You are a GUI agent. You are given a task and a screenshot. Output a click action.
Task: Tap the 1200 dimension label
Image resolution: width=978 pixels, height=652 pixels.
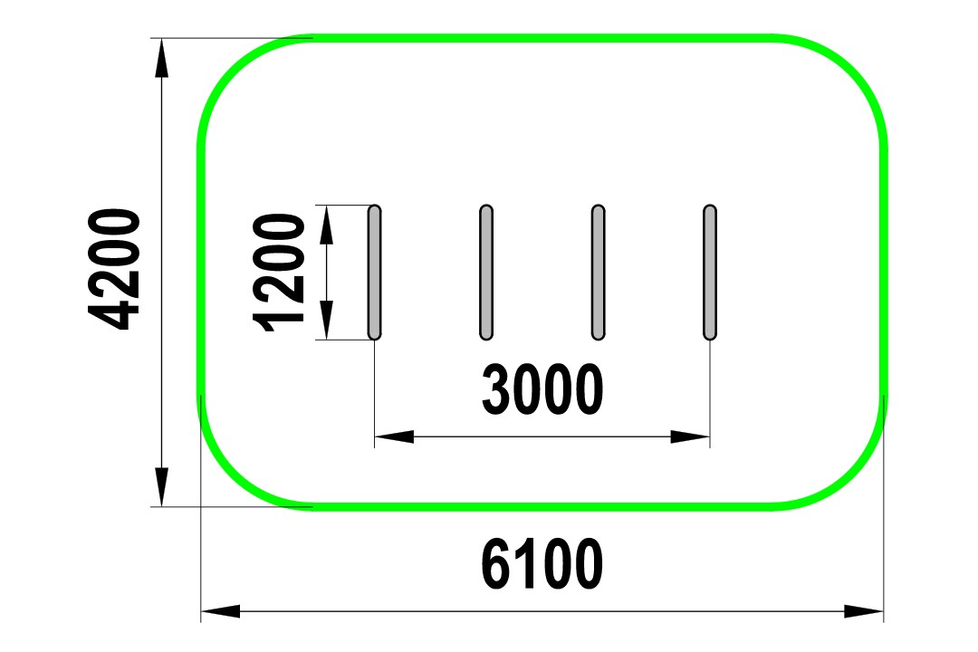point(279,273)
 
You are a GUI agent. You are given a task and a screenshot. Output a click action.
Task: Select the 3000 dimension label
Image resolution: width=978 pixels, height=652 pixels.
point(542,390)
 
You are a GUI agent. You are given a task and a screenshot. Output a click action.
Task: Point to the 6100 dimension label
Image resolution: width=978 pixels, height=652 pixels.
point(542,564)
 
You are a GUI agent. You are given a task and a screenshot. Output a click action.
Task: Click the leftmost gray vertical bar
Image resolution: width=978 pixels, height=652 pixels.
point(374,272)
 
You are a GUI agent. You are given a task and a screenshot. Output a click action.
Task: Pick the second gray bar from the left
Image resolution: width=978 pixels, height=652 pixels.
point(486,272)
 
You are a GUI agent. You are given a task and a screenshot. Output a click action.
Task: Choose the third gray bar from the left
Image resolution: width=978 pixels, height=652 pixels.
point(598,272)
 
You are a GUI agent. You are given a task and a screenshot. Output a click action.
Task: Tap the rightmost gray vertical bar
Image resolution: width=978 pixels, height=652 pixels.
point(710,272)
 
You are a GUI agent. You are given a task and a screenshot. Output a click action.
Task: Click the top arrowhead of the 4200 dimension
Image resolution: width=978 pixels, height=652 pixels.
point(161,57)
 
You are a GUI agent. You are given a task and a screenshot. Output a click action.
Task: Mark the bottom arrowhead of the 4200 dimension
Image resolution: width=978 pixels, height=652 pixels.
point(161,487)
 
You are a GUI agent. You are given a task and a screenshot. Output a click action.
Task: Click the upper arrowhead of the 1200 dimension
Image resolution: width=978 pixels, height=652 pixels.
point(326,224)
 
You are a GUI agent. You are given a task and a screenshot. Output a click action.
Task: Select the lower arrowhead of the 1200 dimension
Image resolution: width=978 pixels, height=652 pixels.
point(326,320)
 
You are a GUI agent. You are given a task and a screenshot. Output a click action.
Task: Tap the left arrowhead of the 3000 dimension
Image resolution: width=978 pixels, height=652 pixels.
point(394,436)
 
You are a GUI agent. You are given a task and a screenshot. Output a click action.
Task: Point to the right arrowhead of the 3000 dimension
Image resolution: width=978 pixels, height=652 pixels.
point(690,436)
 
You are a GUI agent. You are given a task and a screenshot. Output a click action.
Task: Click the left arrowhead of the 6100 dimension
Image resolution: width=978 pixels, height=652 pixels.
point(220,611)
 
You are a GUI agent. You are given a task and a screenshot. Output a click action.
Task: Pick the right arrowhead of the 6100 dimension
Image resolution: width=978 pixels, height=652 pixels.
point(864,611)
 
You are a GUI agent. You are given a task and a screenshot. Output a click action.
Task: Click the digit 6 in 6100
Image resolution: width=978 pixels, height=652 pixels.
point(497,564)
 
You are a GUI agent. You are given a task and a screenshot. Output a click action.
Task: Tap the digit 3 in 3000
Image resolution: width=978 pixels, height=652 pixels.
point(497,390)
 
